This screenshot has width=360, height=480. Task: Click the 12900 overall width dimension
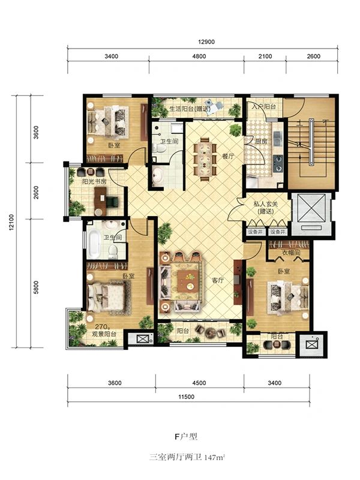(206, 42)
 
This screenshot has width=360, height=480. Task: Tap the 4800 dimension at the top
(199, 56)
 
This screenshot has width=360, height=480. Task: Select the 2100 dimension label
(265, 56)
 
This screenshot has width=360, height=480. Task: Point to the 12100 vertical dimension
(11, 222)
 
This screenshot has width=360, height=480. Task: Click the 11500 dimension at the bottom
(187, 397)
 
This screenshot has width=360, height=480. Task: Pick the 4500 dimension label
(199, 383)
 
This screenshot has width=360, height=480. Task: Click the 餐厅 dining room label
(228, 156)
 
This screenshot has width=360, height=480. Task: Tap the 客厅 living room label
(218, 280)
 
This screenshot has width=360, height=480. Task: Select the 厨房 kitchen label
(261, 142)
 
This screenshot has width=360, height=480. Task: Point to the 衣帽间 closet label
(291, 253)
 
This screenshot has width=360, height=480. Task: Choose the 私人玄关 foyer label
(265, 204)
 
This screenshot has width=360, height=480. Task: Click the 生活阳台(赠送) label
(190, 109)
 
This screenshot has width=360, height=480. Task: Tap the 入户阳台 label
(264, 107)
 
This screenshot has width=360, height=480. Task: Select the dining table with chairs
(205, 159)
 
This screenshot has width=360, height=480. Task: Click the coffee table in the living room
(187, 281)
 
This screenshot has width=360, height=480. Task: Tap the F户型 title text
(186, 437)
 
